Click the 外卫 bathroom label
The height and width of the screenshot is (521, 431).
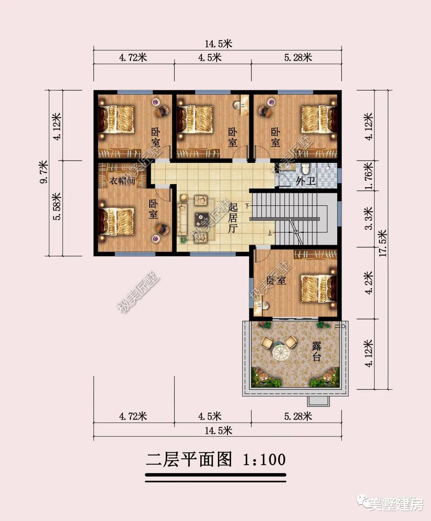click(x=305, y=181)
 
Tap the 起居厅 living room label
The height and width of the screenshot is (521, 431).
click(x=233, y=218)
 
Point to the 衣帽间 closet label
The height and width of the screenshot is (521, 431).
click(x=123, y=181)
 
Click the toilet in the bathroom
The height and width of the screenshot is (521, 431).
click(x=306, y=168)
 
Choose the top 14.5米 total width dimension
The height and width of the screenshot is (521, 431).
click(x=218, y=44)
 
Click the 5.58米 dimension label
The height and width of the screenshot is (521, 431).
click(x=57, y=206)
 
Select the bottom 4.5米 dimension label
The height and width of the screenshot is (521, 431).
click(x=210, y=416)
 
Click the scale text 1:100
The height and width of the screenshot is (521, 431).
click(x=264, y=460)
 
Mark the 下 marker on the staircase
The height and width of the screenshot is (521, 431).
click(x=248, y=206)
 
